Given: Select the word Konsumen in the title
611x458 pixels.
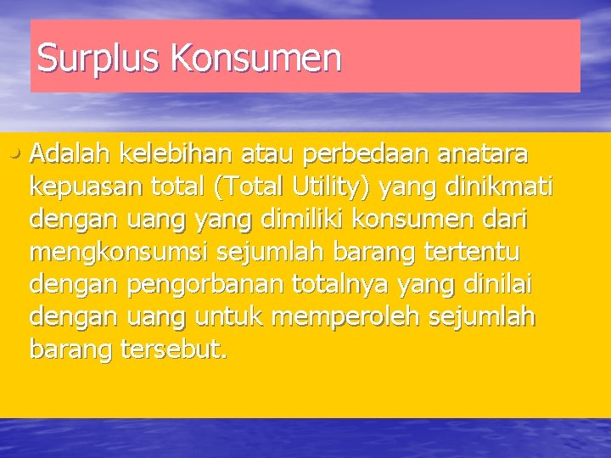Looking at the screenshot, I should pyautogui.click(x=256, y=58).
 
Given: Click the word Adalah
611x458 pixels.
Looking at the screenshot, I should pyautogui.click(x=70, y=154).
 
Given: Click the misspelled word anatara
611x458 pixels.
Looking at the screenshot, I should pyautogui.click(x=493, y=154).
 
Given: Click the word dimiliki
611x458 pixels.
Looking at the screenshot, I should pyautogui.click(x=297, y=219).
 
